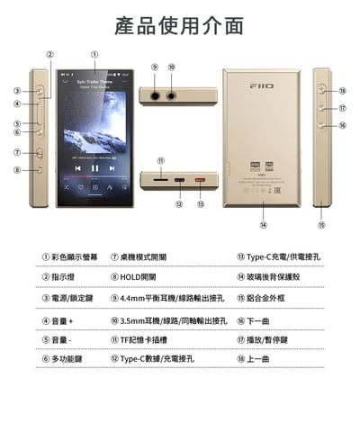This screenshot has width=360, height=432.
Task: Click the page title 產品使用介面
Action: (180, 24)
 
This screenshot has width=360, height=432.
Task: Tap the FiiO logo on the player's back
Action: (262, 85)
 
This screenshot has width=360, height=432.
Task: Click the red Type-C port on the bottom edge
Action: (199, 181)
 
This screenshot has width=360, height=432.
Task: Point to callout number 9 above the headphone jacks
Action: (155, 67)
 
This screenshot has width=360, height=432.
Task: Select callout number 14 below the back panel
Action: (264, 225)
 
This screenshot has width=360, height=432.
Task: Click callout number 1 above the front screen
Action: (94, 55)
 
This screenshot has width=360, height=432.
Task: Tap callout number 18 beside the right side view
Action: (343, 91)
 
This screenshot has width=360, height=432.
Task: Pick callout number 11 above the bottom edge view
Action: (161, 162)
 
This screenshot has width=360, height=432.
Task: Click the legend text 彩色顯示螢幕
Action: (76, 256)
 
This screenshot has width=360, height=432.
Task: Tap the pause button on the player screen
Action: (95, 167)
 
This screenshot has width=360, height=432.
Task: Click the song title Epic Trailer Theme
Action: (95, 81)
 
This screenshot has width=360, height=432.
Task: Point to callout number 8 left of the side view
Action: (17, 169)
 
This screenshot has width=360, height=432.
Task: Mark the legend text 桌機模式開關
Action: (144, 256)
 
